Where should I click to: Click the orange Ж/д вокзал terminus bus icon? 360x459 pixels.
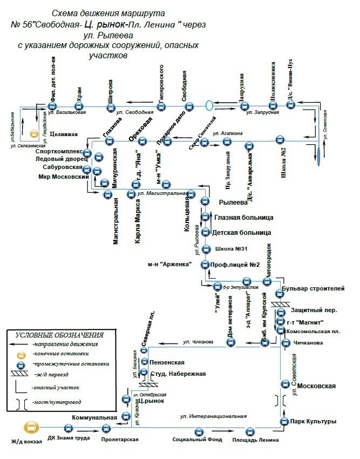[x=32, y=428]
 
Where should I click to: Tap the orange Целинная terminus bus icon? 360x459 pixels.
[x=34, y=133]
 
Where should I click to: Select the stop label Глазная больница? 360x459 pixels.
[x=243, y=217]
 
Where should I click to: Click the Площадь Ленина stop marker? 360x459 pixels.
[x=250, y=431]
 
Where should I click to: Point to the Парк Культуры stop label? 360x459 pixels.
[x=313, y=421]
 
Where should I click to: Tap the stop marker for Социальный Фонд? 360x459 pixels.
[x=198, y=431]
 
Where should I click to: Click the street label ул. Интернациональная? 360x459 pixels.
[x=213, y=416]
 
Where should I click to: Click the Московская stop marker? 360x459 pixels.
[x=285, y=384]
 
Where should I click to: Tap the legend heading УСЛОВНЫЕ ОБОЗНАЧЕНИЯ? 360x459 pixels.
[x=59, y=335]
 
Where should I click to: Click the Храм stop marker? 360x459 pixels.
[x=78, y=106]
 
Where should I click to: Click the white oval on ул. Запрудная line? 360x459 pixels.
[x=209, y=105]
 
